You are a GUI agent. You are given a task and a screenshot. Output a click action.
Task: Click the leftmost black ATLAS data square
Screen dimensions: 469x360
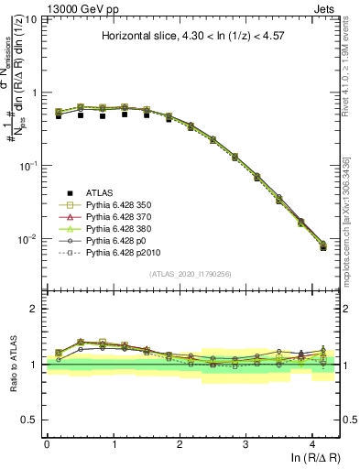59,116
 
